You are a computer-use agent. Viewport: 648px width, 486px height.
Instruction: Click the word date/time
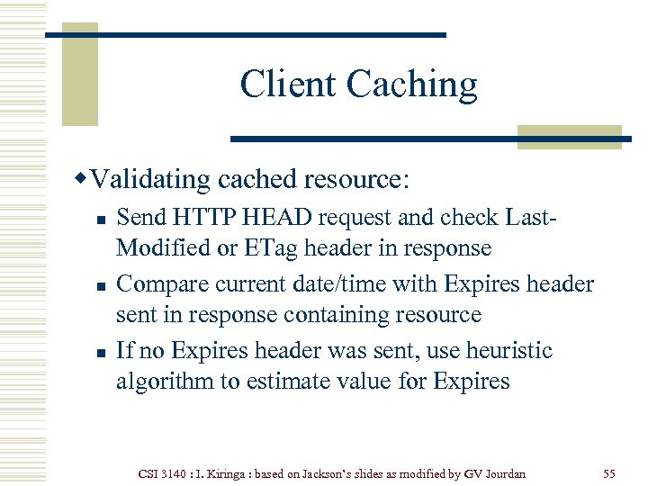pyautogui.click(x=345, y=284)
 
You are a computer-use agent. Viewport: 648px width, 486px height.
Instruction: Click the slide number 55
pyautogui.click(x=609, y=472)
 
